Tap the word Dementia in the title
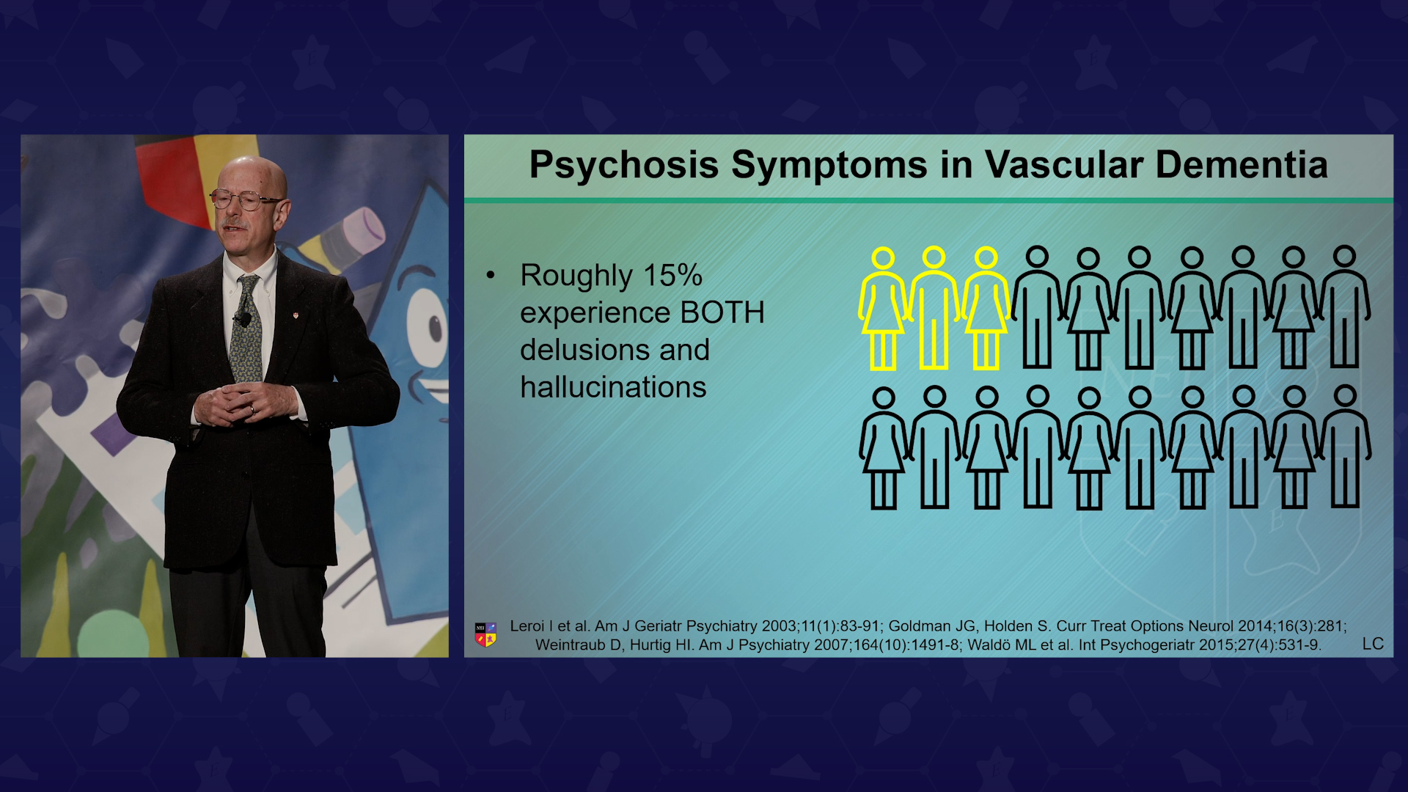[1242, 164]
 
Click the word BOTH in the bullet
[722, 312]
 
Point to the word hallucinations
[613, 387]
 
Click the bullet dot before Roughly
[491, 276]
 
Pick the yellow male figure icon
[934, 308]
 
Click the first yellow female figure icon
[883, 309]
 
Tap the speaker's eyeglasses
[244, 199]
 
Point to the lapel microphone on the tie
[243, 319]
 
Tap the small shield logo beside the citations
[485, 634]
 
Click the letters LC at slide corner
[1373, 644]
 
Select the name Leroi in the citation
[527, 626]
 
